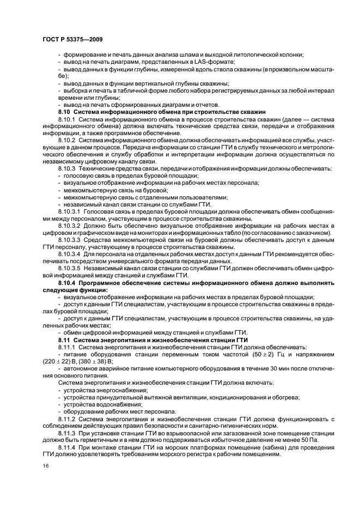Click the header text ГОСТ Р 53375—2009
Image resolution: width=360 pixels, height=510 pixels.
[72, 39]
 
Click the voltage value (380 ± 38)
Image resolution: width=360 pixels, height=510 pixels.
[90, 361]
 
